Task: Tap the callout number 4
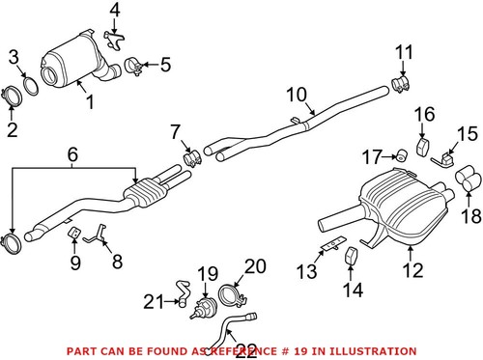pyautogui.click(x=114, y=12)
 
